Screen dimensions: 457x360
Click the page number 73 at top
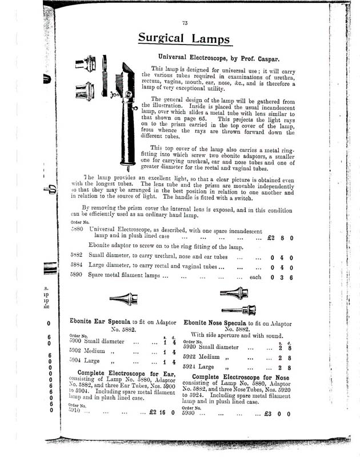point(185,23)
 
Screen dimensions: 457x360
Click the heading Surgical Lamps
point(183,39)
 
